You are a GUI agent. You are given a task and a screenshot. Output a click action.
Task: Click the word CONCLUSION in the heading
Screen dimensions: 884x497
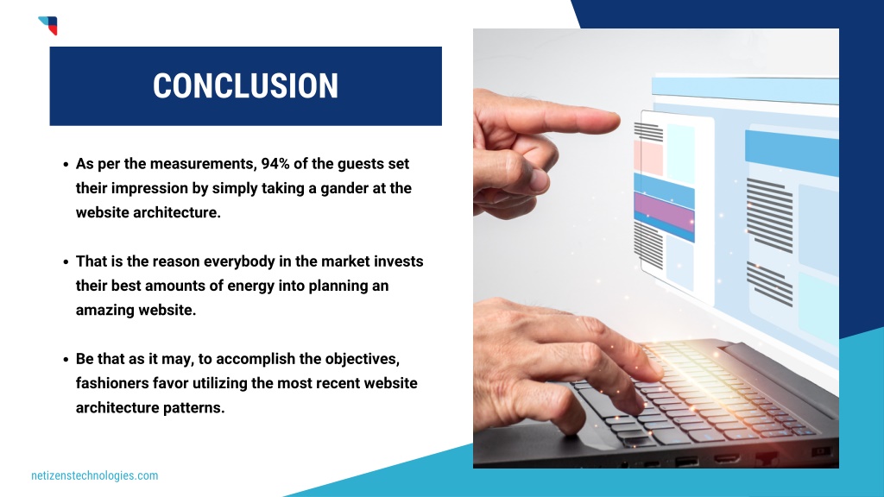click(x=245, y=86)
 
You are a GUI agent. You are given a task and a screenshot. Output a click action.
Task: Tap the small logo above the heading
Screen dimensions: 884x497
click(x=48, y=25)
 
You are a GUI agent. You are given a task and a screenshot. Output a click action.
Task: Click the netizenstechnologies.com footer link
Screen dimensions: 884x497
click(x=95, y=475)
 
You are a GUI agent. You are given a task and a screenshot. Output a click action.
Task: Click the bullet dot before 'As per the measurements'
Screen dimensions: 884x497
click(x=66, y=165)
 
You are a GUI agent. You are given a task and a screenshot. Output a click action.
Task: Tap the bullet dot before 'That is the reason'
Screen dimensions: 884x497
click(x=66, y=262)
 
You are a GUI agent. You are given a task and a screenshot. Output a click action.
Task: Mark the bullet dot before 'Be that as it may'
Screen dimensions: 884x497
click(x=66, y=360)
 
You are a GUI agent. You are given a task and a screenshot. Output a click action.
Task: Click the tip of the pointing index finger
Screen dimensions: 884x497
click(x=618, y=121)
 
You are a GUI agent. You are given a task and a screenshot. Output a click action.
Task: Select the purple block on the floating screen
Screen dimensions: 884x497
click(x=664, y=211)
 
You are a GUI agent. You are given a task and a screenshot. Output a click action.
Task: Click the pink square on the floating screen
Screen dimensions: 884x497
click(x=648, y=159)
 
